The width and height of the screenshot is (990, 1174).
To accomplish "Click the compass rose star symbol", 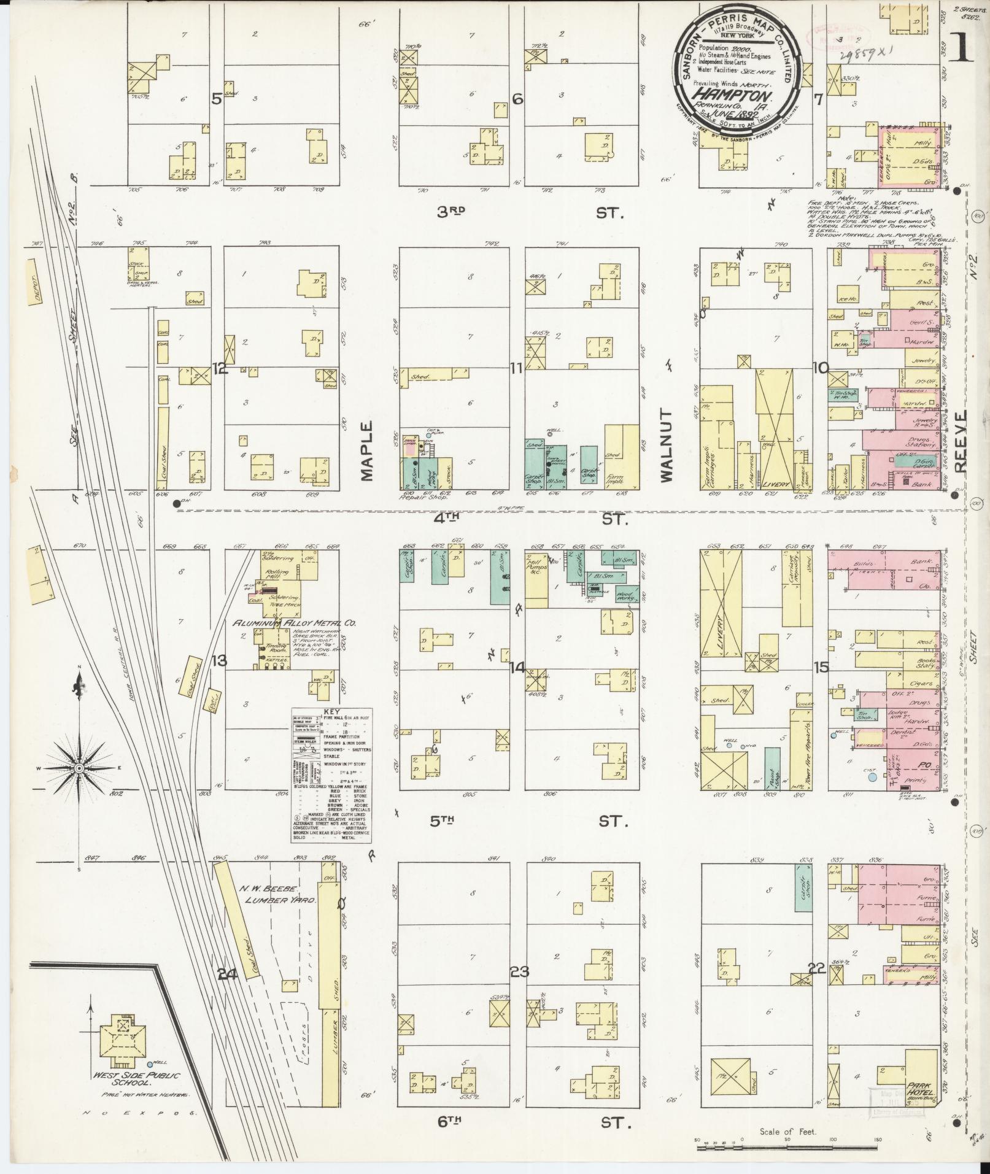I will click(79, 768).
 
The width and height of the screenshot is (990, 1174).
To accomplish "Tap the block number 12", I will click(219, 368).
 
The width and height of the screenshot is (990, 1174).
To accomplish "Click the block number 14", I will click(517, 667).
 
